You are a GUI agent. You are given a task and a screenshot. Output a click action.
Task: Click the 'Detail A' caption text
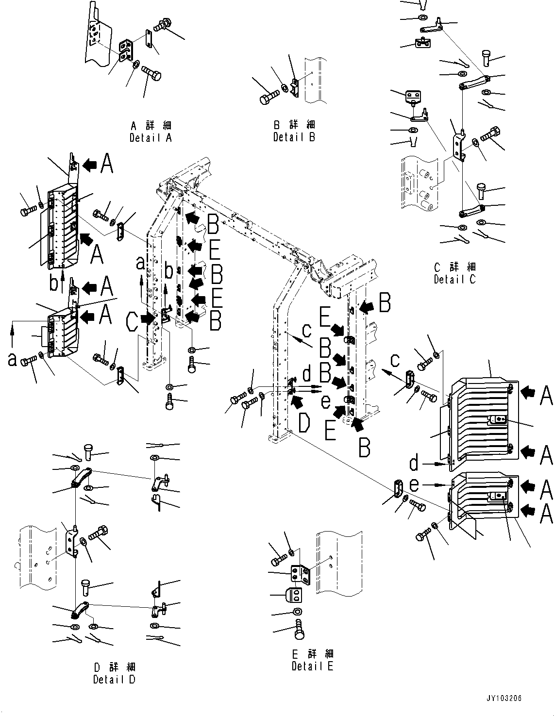[151, 137]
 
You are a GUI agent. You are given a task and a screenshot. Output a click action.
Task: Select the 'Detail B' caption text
[294, 137]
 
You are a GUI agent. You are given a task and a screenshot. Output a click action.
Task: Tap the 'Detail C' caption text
[454, 279]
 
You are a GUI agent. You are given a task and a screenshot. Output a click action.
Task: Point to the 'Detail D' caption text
[114, 679]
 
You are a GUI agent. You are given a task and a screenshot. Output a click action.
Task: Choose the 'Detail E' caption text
[312, 666]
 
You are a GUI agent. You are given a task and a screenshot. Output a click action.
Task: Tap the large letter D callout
[303, 423]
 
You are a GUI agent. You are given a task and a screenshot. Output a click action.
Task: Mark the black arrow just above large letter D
[296, 400]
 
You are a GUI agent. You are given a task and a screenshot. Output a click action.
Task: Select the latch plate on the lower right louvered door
[498, 496]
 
